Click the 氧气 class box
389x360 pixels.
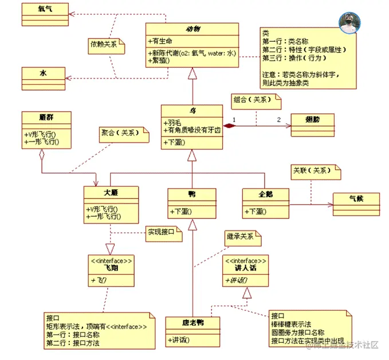click(44, 10)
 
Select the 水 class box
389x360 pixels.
click(44, 76)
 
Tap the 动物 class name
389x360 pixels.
click(192, 29)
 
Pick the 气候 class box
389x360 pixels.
click(356, 201)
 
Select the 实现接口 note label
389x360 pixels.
click(162, 232)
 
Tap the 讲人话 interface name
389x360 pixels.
click(246, 268)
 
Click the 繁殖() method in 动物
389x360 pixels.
click(160, 60)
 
